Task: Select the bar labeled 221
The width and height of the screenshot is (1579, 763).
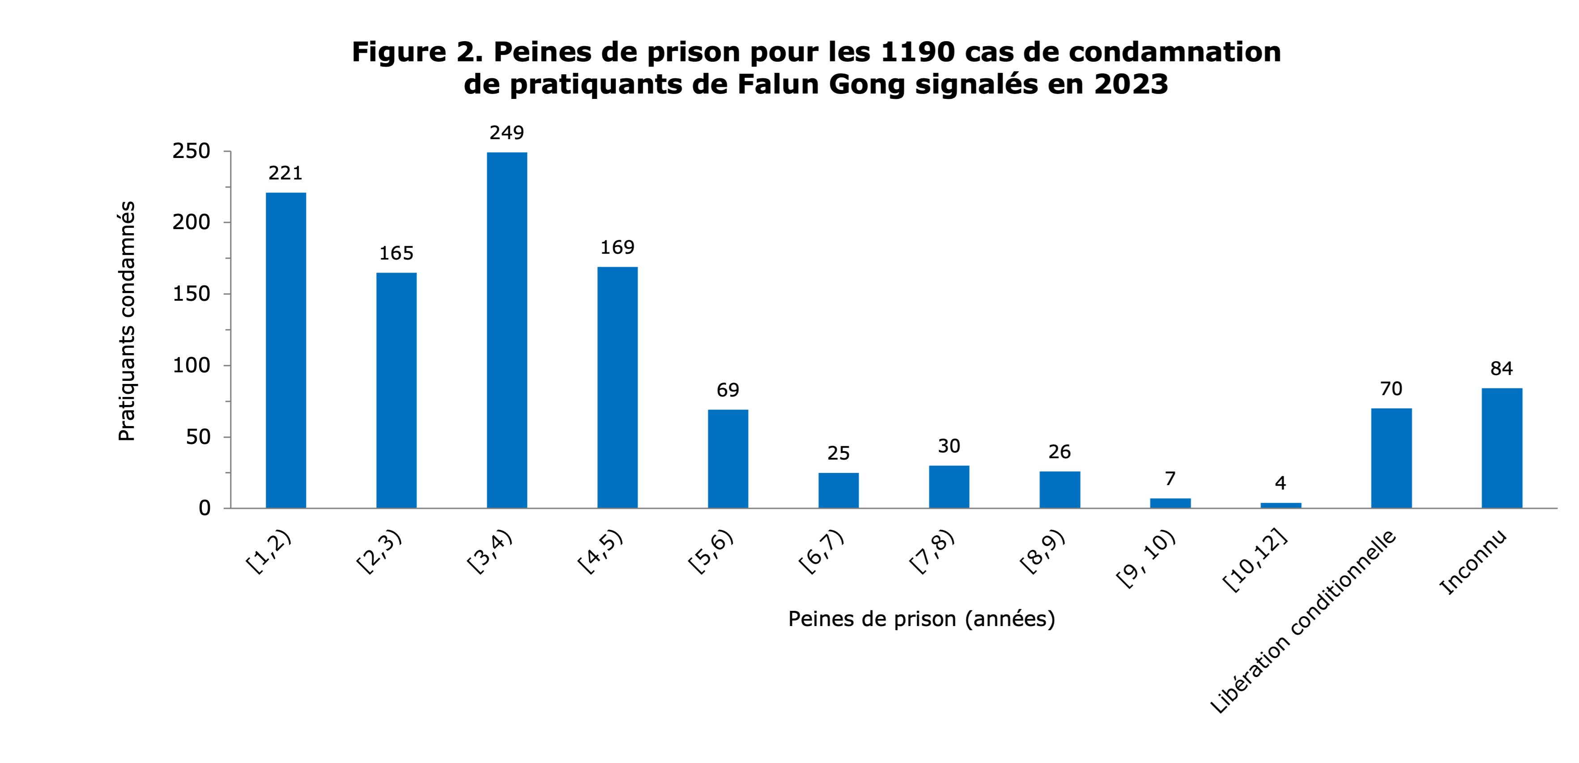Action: pos(285,350)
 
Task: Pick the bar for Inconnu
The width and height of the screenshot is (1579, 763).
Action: pos(1502,448)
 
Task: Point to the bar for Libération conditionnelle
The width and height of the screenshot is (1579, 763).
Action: pos(1392,458)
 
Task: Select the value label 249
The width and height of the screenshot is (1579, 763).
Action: pos(507,133)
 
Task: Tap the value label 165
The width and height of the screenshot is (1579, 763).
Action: pos(396,253)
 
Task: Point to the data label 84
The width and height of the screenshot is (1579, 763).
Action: pos(1502,368)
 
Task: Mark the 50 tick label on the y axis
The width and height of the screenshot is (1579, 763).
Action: pos(197,437)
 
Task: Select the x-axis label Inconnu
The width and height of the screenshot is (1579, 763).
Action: pos(1473,564)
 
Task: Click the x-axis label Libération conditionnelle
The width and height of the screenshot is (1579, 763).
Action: pos(1304,622)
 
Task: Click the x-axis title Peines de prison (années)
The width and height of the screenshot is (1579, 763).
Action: pos(921,619)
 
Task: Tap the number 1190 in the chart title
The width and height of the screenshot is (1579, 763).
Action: pos(918,52)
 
